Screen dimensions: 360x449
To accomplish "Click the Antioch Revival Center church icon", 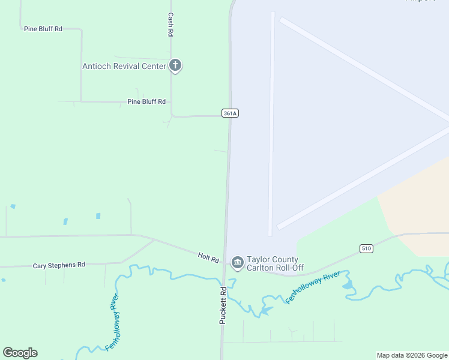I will [x=175, y=65].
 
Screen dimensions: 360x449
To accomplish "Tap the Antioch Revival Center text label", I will [x=124, y=66].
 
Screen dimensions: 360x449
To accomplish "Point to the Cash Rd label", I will [x=170, y=25].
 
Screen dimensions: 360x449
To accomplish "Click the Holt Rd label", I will [x=208, y=257].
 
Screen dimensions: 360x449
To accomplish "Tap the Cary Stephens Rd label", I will [x=59, y=265].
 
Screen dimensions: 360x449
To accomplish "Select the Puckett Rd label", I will [x=223, y=305].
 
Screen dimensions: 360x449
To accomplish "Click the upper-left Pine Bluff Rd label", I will [x=43, y=29].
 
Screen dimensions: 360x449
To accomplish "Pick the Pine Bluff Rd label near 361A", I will [x=146, y=102].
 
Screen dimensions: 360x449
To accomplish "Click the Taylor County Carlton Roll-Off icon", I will [x=237, y=263].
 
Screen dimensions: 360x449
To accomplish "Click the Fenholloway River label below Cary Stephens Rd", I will [x=112, y=322].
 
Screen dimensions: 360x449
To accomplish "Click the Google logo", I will [x=20, y=353].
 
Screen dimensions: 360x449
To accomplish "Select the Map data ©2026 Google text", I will [x=412, y=355].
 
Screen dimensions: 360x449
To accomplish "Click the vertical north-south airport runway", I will [x=271, y=120].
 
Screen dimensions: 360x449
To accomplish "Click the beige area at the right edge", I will [x=420, y=204].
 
